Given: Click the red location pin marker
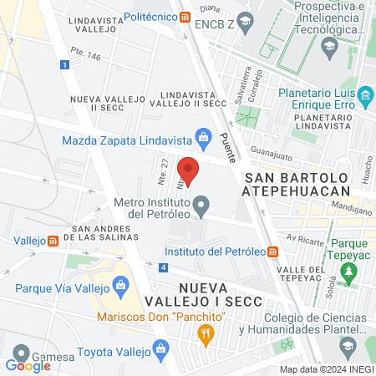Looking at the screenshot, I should (x=189, y=170).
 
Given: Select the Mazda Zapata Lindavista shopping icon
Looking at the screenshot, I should (x=202, y=135).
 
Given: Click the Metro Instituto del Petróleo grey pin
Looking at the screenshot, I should (x=201, y=204).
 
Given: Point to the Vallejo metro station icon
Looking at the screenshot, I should (x=53, y=241).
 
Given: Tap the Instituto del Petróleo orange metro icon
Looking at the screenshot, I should (x=272, y=251).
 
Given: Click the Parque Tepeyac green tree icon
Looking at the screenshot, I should (x=349, y=272).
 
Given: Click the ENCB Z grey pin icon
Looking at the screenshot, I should (x=245, y=24).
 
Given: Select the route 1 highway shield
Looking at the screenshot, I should (x=64, y=64).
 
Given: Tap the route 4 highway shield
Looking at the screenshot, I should (x=164, y=267).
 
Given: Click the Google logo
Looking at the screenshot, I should (x=28, y=364).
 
